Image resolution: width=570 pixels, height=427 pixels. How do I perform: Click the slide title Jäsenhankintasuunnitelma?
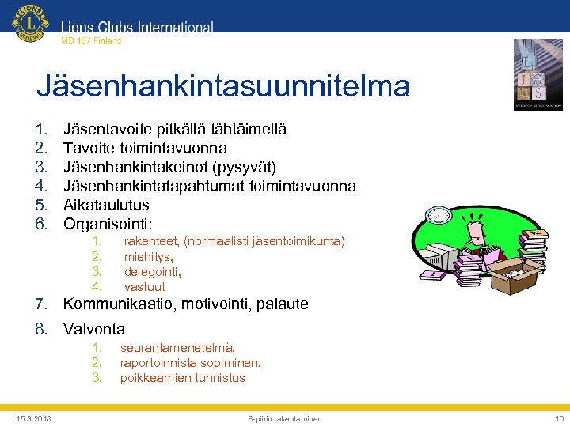tap(223, 85)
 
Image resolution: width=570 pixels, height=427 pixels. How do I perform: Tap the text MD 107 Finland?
tap(91, 41)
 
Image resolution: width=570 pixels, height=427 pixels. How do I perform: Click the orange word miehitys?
tap(148, 256)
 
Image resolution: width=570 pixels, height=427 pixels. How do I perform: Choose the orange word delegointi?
tap(152, 271)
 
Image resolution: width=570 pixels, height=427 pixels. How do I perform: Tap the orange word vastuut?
tap(144, 286)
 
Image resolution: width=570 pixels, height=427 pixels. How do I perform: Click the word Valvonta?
tap(93, 329)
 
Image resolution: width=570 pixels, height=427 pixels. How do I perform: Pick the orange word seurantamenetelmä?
tap(177, 347)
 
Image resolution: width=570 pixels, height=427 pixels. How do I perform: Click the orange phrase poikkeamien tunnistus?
tap(182, 378)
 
